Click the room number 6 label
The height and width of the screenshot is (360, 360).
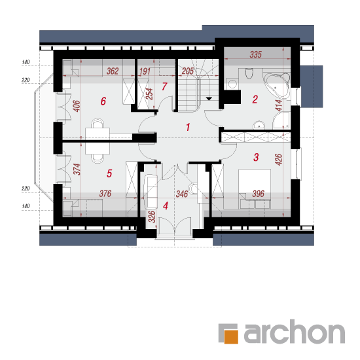coord(103,101)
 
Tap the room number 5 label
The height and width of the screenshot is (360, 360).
coord(109,173)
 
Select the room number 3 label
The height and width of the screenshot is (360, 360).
coord(256,157)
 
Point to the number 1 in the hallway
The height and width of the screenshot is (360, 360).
coord(188,127)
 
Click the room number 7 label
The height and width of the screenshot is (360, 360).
coord(164,86)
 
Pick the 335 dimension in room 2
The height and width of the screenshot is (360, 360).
coord(255,54)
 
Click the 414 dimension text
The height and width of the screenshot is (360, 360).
coord(279,105)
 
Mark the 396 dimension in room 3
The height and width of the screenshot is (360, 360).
coord(259,194)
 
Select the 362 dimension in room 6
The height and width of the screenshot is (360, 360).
coord(113,71)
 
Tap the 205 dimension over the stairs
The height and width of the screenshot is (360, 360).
coord(188,71)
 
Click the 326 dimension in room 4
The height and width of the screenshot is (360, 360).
coord(152,217)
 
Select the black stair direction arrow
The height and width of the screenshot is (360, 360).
coord(209,99)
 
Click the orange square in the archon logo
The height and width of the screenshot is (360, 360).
coord(231,337)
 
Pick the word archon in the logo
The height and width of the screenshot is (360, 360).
coord(295,332)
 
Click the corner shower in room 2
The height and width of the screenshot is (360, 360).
coord(281,120)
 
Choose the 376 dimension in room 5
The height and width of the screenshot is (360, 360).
coord(105,194)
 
